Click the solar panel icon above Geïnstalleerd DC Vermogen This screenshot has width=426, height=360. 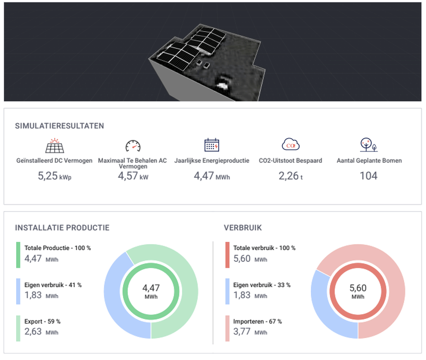coord(55,145)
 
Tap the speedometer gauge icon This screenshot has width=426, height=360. coord(132,146)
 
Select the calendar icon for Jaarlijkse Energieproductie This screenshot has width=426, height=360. coord(211,145)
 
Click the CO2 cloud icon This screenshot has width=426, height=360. coord(290,145)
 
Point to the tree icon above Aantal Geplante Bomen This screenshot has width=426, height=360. coord(368,145)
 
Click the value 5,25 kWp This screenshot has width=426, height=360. coord(54,176)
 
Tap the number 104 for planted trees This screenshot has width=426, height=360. coord(368,176)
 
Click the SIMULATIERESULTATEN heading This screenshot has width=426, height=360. coord(60,126)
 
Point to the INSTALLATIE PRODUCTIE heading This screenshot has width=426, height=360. coord(62,228)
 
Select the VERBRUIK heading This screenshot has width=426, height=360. coord(243,228)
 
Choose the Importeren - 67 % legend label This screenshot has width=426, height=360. coord(257,321)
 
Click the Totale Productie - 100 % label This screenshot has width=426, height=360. coord(58,248)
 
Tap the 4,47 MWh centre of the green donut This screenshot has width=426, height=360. coord(151,290)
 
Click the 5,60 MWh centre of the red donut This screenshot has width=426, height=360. coord(358,290)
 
